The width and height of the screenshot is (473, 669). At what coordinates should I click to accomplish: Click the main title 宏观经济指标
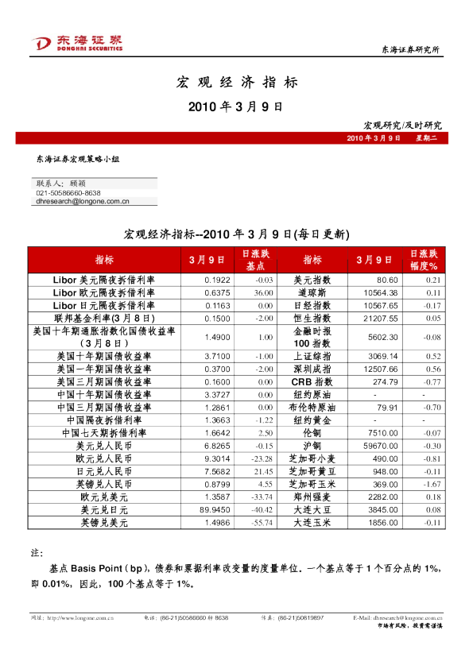pos(236,82)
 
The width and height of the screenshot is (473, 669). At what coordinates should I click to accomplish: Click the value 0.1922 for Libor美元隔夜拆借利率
pos(217,280)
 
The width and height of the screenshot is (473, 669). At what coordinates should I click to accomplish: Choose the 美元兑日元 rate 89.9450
pos(215,509)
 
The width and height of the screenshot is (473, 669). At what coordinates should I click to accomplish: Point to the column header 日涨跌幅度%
pos(423,260)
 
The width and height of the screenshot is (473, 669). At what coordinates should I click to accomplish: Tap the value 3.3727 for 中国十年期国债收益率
pos(217,395)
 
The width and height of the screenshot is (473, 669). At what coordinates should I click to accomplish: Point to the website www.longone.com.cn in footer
pos(79,617)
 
